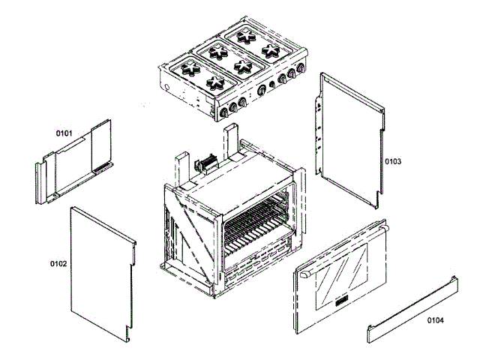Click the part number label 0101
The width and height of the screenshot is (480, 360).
coord(64,133)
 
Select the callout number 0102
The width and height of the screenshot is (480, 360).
coord(58,264)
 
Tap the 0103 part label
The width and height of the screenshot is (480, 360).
coord(393,161)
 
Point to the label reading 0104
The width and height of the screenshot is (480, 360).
coord(435,320)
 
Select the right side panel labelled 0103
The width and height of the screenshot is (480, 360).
coord(351,139)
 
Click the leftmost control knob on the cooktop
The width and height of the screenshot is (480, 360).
coord(223,112)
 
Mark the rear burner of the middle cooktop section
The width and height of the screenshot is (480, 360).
coord(220,52)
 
